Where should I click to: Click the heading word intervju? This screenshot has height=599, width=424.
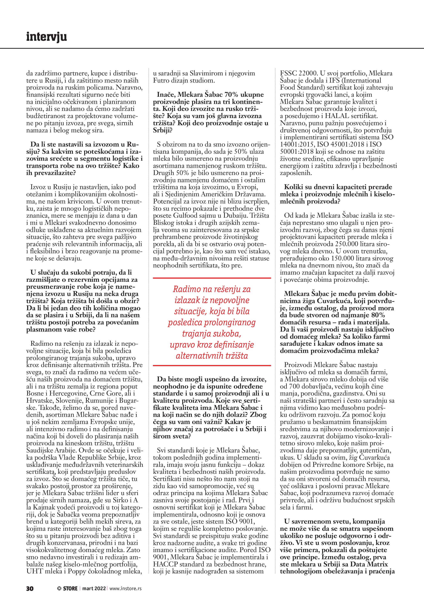(47, 37)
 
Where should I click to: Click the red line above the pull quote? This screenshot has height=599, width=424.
(212, 278)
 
